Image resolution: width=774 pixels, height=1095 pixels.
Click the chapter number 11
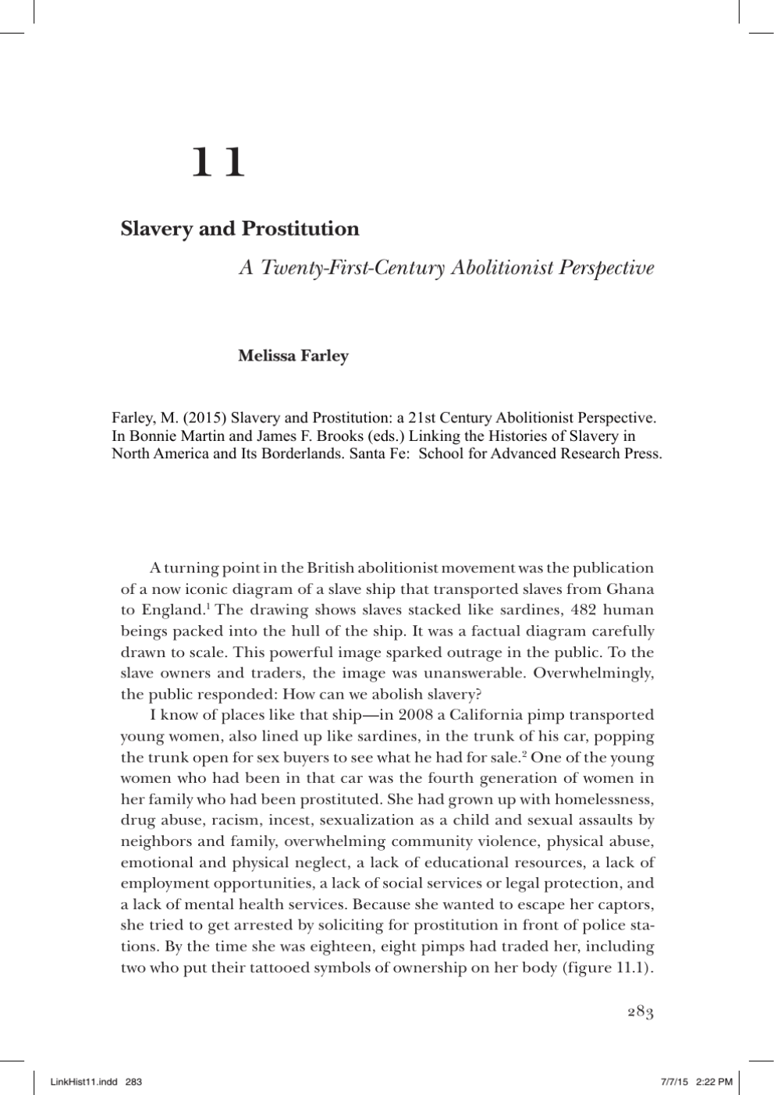tap(218, 163)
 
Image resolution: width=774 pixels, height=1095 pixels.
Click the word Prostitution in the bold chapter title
tap(300, 229)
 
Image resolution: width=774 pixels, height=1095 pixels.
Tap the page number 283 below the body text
tap(640, 1012)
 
